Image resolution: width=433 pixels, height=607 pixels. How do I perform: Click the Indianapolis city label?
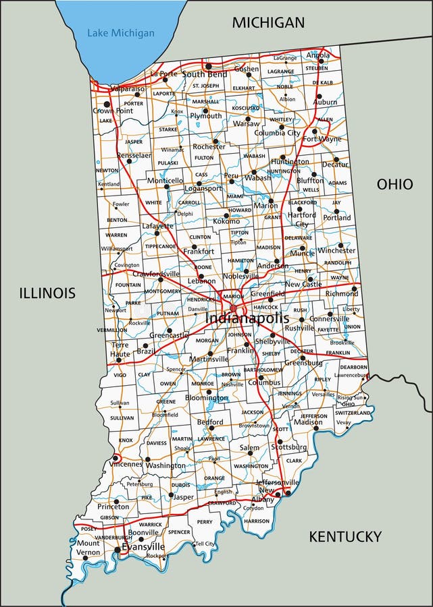(247, 318)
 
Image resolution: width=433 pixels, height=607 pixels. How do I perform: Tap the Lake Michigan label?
(121, 32)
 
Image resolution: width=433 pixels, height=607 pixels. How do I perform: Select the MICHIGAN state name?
(268, 22)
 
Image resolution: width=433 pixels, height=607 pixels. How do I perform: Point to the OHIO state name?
(394, 183)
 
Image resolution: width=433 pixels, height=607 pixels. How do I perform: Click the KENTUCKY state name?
(345, 536)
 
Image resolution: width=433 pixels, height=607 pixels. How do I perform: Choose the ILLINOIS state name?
(47, 293)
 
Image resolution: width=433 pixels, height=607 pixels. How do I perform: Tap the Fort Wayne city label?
(322, 140)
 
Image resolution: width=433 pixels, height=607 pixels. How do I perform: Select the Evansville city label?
(143, 547)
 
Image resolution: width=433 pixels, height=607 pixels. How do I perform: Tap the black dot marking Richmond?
(354, 288)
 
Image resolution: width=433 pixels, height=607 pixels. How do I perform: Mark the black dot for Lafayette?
(157, 233)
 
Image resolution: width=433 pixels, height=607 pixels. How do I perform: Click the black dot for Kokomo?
(226, 216)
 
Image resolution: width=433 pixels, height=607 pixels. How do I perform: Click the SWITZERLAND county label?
(353, 412)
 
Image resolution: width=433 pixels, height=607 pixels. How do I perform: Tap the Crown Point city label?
(113, 110)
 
